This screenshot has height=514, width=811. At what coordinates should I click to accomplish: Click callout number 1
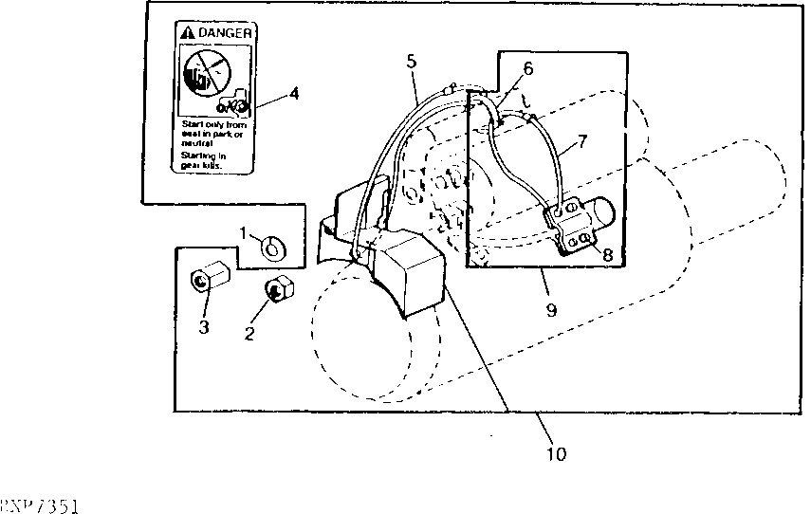click(x=244, y=233)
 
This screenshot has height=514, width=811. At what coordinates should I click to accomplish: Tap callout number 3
click(x=202, y=328)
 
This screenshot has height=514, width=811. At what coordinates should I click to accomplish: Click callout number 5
click(x=410, y=63)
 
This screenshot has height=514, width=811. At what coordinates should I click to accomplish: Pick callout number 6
click(x=527, y=68)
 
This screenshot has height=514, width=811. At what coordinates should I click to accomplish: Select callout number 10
click(x=557, y=453)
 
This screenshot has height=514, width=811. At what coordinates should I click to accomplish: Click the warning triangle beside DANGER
click(x=187, y=33)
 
